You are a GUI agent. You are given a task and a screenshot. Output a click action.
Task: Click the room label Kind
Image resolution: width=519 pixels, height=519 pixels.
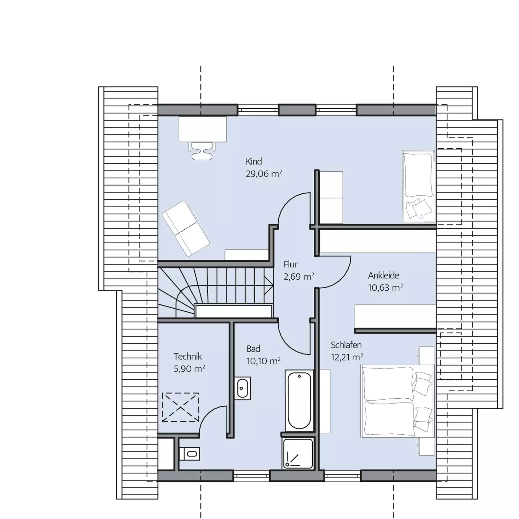[x=254, y=161]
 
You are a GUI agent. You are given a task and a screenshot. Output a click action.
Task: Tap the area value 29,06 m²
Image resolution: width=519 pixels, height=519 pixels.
[x=264, y=174]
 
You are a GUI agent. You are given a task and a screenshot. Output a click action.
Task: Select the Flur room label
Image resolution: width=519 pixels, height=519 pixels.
[x=291, y=264]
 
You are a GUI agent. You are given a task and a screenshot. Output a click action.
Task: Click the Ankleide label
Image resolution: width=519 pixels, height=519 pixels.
[x=383, y=275]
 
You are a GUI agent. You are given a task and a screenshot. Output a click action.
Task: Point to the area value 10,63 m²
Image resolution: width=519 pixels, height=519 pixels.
[x=385, y=287]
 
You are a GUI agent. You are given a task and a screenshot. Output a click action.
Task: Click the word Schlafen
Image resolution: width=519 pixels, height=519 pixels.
[x=346, y=345]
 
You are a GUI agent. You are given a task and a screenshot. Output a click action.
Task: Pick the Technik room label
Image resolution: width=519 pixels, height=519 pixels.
[x=188, y=356]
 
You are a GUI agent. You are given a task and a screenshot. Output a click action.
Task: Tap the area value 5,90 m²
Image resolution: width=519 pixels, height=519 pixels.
[x=189, y=368]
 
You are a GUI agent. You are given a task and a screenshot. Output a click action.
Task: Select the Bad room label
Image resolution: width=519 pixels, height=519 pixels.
[x=253, y=349]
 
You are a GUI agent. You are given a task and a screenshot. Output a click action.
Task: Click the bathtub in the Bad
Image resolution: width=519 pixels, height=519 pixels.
[x=299, y=401]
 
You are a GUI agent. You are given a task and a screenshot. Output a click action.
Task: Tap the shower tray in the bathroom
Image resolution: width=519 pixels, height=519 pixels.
[x=298, y=453]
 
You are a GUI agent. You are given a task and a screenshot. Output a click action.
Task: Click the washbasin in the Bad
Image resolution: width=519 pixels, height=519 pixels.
[x=242, y=388]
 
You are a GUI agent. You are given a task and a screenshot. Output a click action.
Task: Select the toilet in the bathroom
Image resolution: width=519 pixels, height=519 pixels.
[x=189, y=453]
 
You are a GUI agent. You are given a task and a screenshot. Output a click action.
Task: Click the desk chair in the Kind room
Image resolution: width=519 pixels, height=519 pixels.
[x=202, y=151]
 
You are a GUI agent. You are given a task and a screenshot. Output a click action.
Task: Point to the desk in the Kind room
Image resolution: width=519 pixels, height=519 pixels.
[x=203, y=129]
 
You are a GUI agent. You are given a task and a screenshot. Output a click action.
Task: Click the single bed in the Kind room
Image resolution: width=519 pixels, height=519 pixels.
[x=418, y=187]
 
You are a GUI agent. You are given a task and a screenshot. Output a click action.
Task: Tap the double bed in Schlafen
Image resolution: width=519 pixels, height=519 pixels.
[x=397, y=401]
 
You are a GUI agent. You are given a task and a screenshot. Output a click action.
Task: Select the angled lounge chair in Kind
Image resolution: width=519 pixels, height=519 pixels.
[x=186, y=228]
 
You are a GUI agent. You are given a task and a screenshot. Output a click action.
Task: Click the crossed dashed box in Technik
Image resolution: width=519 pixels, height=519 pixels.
[x=180, y=407]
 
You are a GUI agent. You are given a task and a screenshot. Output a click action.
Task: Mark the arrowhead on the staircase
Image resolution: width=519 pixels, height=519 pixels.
[x=269, y=285]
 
